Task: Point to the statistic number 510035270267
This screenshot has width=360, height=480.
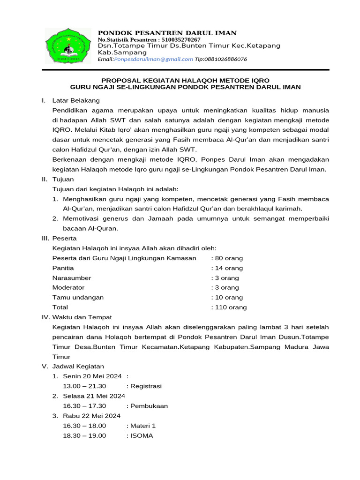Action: click(x=175, y=39)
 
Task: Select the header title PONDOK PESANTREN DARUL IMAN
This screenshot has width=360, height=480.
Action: click(x=167, y=32)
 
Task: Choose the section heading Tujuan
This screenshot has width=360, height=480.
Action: click(x=63, y=180)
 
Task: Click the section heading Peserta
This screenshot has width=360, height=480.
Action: click(x=65, y=239)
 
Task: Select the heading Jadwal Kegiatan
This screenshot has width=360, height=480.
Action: click(x=78, y=366)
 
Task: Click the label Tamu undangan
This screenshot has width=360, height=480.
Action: click(x=78, y=298)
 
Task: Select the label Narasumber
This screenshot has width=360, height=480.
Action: click(x=72, y=278)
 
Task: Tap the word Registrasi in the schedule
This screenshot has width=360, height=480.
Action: click(x=146, y=386)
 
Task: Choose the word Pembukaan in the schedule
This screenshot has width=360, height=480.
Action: click(x=149, y=406)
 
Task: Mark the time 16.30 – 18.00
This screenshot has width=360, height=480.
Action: click(x=84, y=426)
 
